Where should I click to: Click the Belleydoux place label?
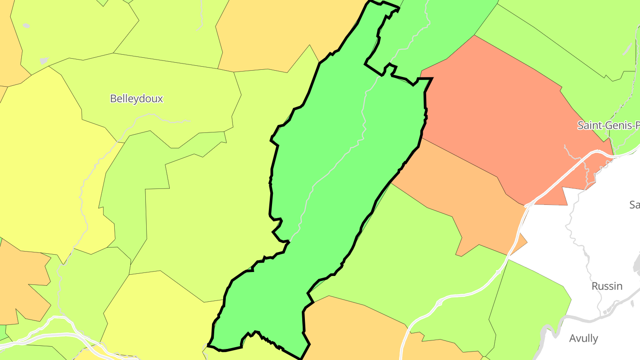coord(136,99)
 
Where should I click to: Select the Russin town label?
coord(607,286)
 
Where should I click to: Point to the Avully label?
coord(583,338)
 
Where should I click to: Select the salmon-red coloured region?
coord(498,116)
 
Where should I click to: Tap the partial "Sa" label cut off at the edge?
coord(634,205)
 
